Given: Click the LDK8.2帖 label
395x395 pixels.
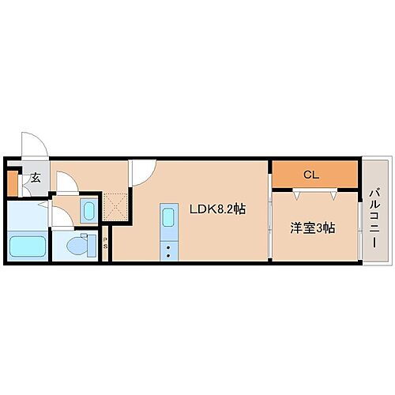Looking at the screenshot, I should coord(216,209).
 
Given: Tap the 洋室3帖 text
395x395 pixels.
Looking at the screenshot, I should coord(312,228).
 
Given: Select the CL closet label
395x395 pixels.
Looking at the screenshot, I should coord(311,174).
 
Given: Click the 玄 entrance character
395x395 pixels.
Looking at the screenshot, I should coord(35,179).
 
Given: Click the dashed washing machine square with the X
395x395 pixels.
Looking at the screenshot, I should coord(115,208).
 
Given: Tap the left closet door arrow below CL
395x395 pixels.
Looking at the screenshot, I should coord(297,192).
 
